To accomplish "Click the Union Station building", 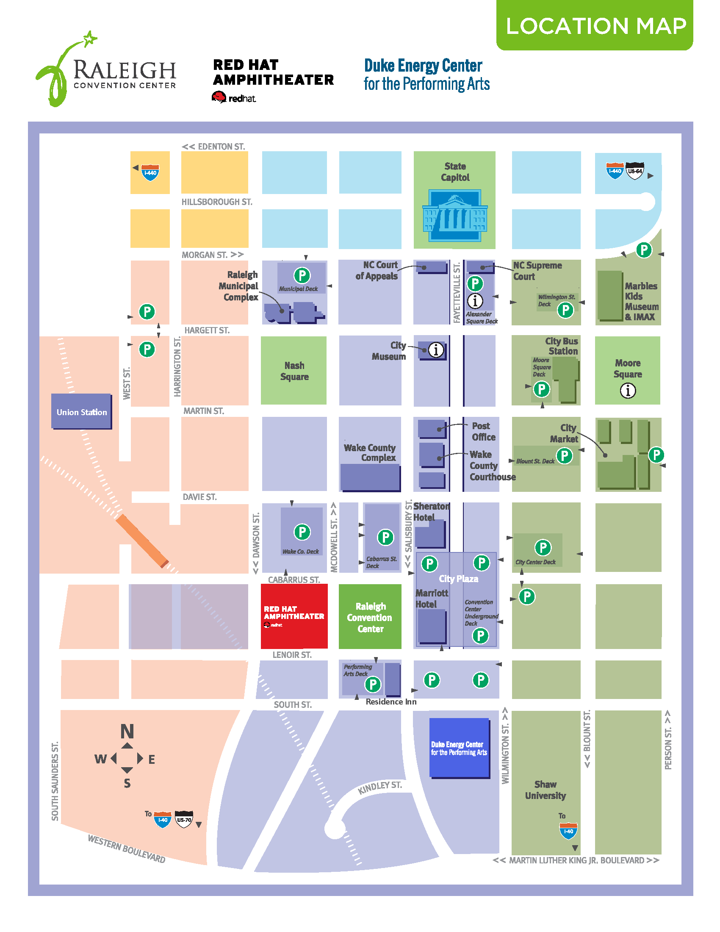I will coord(81,411).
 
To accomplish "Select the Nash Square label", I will coord(294,371).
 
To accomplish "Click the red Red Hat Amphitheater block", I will coord(294,616).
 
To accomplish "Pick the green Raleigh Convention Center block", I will coord(370,617).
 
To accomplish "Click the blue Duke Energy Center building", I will coord(459,748).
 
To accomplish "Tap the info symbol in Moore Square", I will coord(627,391).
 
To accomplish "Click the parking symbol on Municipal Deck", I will coord(302,275).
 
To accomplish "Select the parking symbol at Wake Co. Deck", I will coord(302,532).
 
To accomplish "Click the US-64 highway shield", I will coord(635,171).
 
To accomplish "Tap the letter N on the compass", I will coord(127,732).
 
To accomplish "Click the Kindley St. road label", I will coord(379,788).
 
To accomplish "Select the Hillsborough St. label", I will coord(217,202).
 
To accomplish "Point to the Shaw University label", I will coord(545,790).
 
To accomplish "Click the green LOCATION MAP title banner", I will coord(595,25).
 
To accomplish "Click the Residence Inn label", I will coord(391,702).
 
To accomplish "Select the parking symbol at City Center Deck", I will coord(543,547).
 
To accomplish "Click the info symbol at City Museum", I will coord(435,350).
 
